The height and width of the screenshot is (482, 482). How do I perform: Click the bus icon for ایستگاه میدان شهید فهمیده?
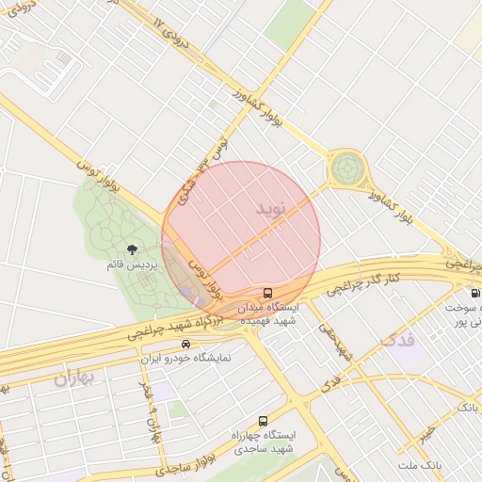tap(268, 293)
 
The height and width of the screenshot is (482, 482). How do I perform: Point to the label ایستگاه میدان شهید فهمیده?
tap(270, 313)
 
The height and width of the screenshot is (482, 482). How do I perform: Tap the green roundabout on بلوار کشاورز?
tap(345, 169)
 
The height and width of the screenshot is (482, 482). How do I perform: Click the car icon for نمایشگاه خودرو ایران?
tap(186, 345)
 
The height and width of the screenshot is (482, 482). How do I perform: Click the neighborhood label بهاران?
tap(75, 379)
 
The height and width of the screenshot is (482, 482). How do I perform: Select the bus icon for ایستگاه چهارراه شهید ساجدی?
tap(263, 421)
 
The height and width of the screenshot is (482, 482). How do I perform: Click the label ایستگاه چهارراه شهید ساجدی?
tap(264, 442)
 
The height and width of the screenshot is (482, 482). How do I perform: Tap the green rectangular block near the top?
tap(289, 24)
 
